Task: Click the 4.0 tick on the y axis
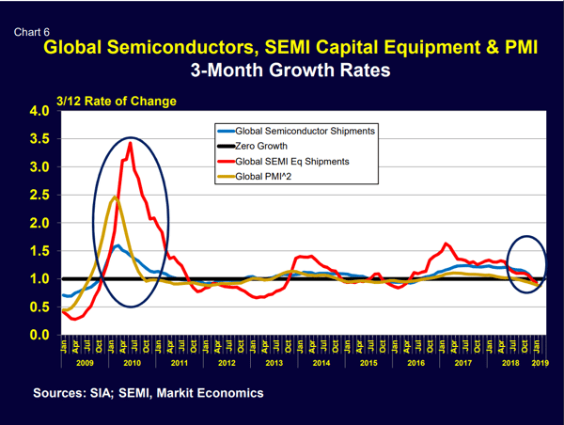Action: [39, 111]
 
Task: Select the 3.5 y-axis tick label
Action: [39, 139]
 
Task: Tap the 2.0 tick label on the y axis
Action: [39, 223]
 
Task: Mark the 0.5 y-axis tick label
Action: [39, 307]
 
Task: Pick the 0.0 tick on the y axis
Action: [39, 335]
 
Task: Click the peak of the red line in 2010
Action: [130, 143]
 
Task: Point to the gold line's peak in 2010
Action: [114, 197]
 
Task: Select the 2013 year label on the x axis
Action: [274, 361]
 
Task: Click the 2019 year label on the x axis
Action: [540, 361]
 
